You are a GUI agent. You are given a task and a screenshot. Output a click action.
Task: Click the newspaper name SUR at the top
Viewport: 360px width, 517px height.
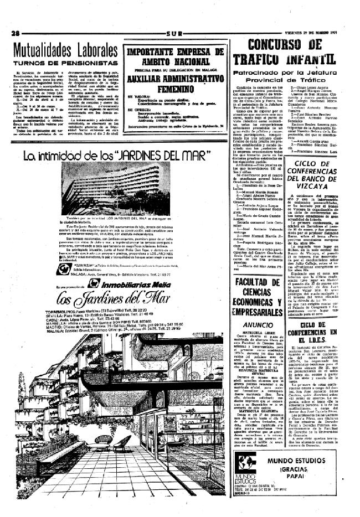pyautogui.click(x=174, y=33)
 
